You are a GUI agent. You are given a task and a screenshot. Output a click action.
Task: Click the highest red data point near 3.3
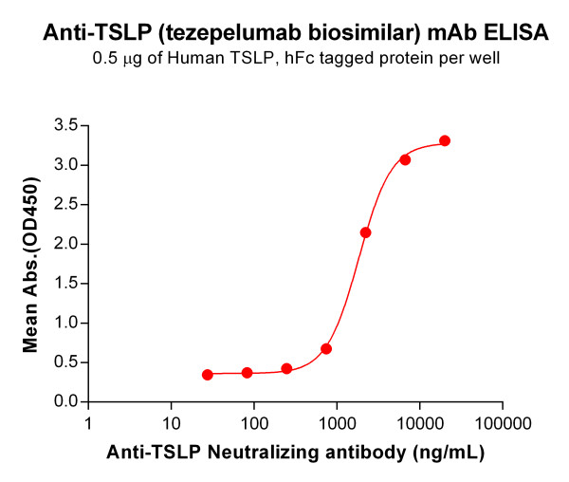[445, 140]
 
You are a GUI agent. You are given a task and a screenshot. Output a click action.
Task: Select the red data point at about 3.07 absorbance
[405, 159]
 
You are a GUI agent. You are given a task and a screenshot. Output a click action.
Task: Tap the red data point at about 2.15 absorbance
[366, 232]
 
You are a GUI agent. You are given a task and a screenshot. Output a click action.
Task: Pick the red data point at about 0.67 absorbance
[326, 349]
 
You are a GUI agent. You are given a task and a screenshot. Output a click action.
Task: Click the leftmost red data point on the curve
[208, 375]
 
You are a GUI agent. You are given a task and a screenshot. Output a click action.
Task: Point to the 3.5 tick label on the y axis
[64, 125]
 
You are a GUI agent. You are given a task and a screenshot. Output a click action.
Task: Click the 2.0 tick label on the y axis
[64, 244]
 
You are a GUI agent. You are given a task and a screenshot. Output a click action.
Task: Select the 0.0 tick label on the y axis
[64, 402]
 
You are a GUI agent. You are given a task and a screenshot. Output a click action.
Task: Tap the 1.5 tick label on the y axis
[64, 284]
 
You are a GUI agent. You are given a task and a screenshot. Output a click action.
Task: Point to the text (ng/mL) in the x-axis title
[448, 453]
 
